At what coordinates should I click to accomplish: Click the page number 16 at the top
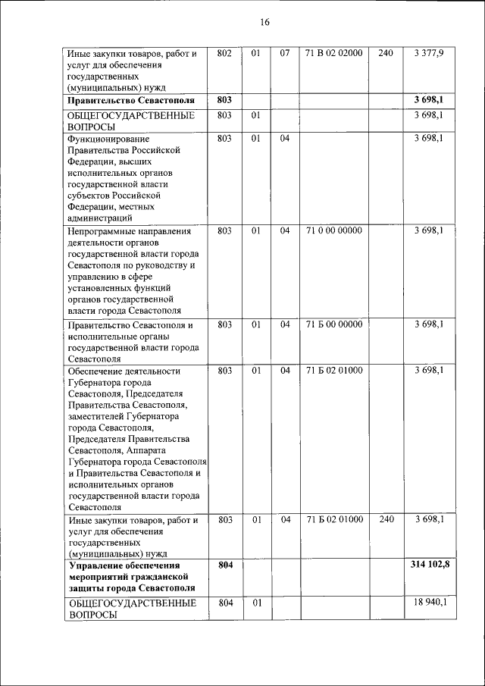[264, 22]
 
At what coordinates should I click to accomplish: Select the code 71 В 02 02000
[333, 53]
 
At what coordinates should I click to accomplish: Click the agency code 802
[224, 53]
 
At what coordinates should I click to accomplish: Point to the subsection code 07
[285, 53]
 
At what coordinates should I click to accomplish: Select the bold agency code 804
[224, 565]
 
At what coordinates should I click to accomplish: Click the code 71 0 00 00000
[333, 230]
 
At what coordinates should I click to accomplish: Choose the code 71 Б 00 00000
[333, 324]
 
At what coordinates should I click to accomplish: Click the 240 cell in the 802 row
[385, 53]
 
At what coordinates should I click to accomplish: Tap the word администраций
[103, 217]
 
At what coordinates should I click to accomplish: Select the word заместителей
[101, 415]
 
